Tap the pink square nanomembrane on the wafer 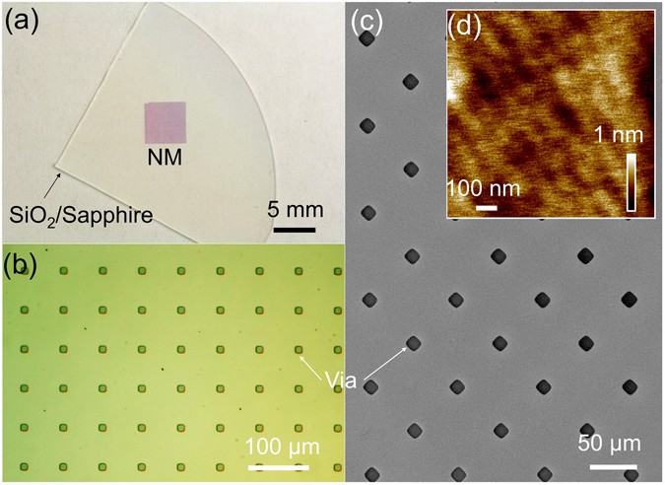coord(165,123)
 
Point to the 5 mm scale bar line coord(294,231)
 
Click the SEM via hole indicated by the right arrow coord(414,343)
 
